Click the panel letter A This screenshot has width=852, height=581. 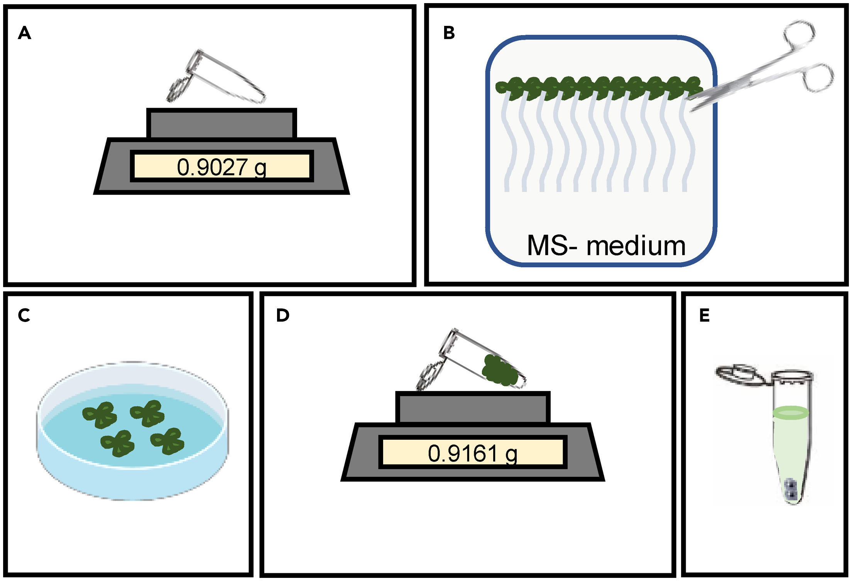pyautogui.click(x=24, y=33)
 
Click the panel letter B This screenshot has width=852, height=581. pyautogui.click(x=449, y=33)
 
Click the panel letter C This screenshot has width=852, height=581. pyautogui.click(x=24, y=316)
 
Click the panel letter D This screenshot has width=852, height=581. pyautogui.click(x=282, y=316)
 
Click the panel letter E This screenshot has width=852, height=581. pyautogui.click(x=704, y=316)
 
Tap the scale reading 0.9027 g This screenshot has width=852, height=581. pyautogui.click(x=221, y=167)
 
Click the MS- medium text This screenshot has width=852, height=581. pyautogui.click(x=606, y=246)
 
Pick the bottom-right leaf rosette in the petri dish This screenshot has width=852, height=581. pyautogui.click(x=168, y=441)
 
